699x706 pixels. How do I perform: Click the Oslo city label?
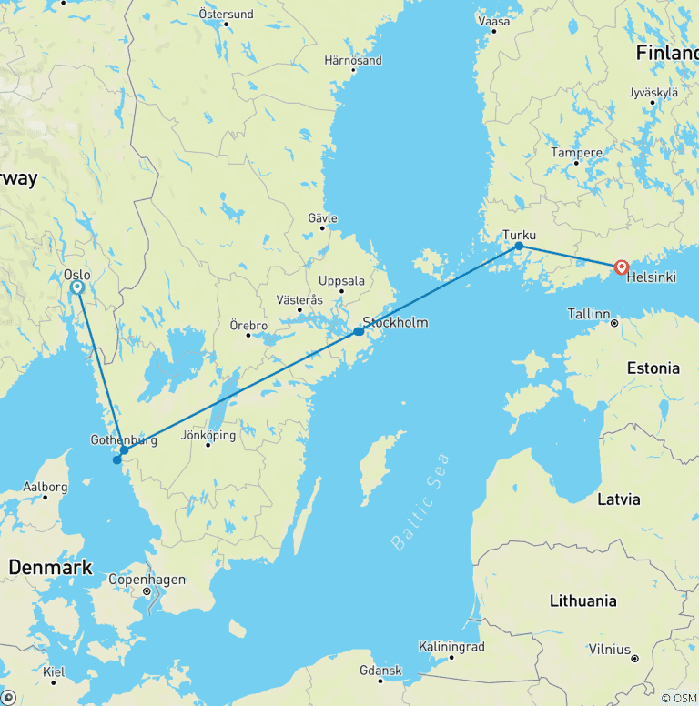(x=76, y=273)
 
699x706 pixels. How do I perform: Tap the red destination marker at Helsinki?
(x=622, y=267)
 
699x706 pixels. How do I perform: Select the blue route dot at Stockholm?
(x=359, y=332)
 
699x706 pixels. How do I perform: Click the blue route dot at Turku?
(x=519, y=246)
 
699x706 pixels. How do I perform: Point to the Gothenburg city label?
(x=124, y=439)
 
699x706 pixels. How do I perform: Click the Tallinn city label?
(x=588, y=314)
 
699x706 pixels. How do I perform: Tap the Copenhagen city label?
(x=147, y=580)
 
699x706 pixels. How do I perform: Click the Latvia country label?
(x=619, y=499)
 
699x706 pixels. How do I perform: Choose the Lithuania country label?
(x=582, y=600)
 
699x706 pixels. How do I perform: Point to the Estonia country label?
(x=653, y=368)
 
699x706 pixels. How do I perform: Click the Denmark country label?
(x=50, y=568)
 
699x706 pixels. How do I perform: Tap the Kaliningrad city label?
(x=451, y=647)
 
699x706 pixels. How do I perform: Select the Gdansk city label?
(x=380, y=671)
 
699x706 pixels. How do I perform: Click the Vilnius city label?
(x=608, y=650)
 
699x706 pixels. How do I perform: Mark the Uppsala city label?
(x=341, y=281)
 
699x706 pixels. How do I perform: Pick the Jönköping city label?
(x=208, y=435)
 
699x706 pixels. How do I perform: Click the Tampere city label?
(x=576, y=153)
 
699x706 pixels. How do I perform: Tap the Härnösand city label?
(x=353, y=61)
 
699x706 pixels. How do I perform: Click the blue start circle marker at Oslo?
(x=77, y=287)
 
